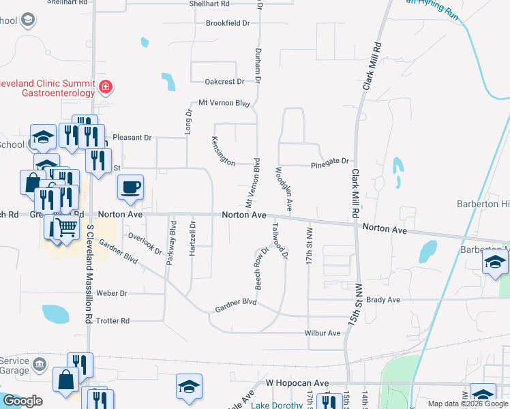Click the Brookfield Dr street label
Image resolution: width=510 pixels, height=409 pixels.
tap(228, 23)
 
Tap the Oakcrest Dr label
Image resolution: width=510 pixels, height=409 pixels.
tap(224, 82)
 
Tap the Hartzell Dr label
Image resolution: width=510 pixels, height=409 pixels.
tap(193, 234)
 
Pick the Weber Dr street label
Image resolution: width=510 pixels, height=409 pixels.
tap(112, 293)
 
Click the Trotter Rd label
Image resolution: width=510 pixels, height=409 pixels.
tap(112, 320)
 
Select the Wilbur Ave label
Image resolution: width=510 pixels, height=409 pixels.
tap(322, 333)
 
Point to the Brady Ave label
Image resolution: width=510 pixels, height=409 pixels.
tap(382, 300)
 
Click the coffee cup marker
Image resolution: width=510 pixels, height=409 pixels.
tap(130, 186)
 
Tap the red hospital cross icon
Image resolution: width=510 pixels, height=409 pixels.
tap(106, 87)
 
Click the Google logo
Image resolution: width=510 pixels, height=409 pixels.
tap(23, 401)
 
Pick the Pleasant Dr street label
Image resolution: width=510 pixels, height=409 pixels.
tap(132, 137)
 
